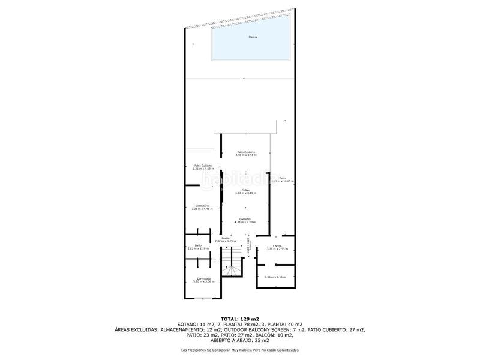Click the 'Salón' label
click(x=246, y=190)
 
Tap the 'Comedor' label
click(x=245, y=219)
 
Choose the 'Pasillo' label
click(x=226, y=238)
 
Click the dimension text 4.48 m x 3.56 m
click(x=246, y=155)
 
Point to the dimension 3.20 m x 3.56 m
click(x=203, y=281)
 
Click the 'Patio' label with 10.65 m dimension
click(x=282, y=178)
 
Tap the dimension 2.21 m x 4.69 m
click(x=203, y=169)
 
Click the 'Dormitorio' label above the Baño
click(x=203, y=206)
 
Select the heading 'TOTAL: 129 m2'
click(x=240, y=318)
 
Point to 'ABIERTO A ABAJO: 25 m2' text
click(x=240, y=340)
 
